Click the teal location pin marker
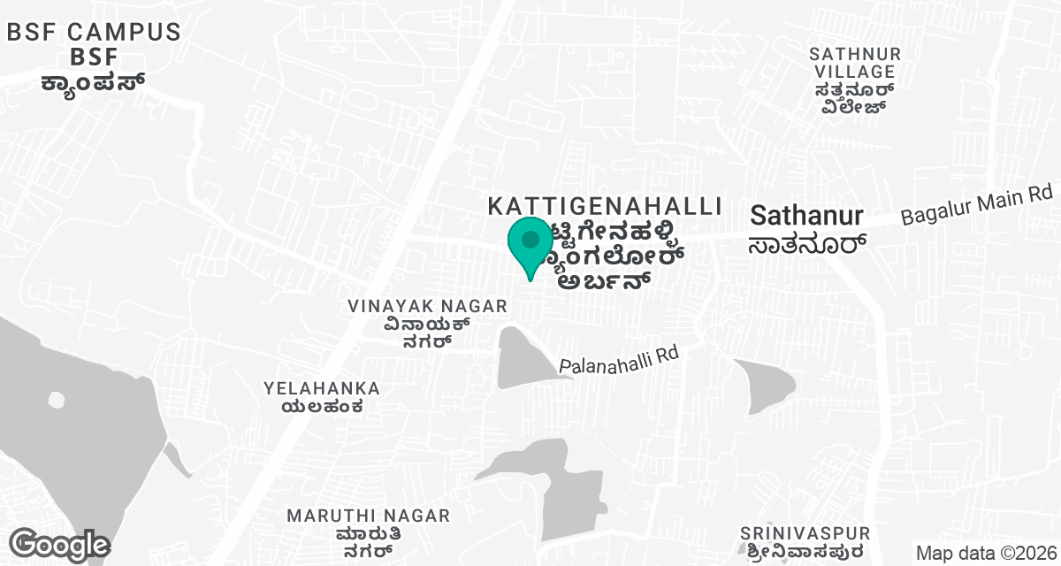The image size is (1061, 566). (530, 244)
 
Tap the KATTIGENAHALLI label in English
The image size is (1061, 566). (606, 206)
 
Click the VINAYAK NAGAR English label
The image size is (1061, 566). (427, 306)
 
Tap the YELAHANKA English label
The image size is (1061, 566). (322, 388)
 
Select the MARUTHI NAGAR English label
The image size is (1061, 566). (369, 515)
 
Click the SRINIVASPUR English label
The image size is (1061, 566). (805, 533)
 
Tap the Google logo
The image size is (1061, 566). (60, 544)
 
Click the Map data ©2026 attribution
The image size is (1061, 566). (985, 553)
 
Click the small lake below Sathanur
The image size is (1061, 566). (765, 386)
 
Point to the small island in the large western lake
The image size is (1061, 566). (57, 400)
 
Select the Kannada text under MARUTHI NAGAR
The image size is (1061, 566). (369, 541)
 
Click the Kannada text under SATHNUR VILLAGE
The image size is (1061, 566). (855, 99)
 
